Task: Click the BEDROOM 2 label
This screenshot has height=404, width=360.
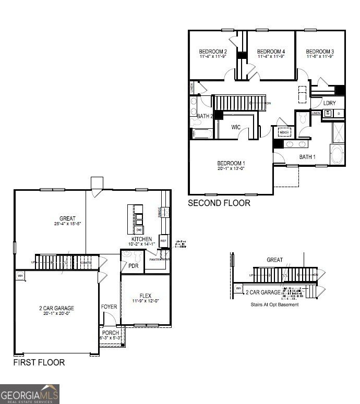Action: (x=212, y=52)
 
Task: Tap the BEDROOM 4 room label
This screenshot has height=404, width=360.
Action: (x=271, y=52)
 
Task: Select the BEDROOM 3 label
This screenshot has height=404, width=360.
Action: (x=320, y=52)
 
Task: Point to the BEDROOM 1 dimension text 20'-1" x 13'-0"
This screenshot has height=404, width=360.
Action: (x=231, y=168)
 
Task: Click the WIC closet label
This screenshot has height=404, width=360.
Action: (x=236, y=127)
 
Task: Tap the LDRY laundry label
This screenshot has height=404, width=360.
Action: (x=329, y=103)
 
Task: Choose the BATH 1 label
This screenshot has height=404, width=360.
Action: (x=307, y=156)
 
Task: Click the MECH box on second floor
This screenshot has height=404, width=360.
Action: (x=284, y=132)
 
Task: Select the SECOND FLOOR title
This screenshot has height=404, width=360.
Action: (x=219, y=203)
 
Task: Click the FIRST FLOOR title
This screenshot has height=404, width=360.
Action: (x=39, y=362)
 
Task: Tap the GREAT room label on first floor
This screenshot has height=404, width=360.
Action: (x=67, y=218)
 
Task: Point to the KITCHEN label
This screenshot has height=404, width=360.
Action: (x=141, y=239)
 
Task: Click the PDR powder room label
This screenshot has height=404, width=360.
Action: (x=133, y=265)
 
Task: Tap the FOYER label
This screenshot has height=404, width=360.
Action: (x=109, y=307)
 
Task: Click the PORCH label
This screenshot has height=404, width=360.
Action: (x=111, y=333)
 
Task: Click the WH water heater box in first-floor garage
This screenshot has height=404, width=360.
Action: (x=20, y=276)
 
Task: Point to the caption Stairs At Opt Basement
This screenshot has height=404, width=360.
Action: (x=274, y=304)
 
